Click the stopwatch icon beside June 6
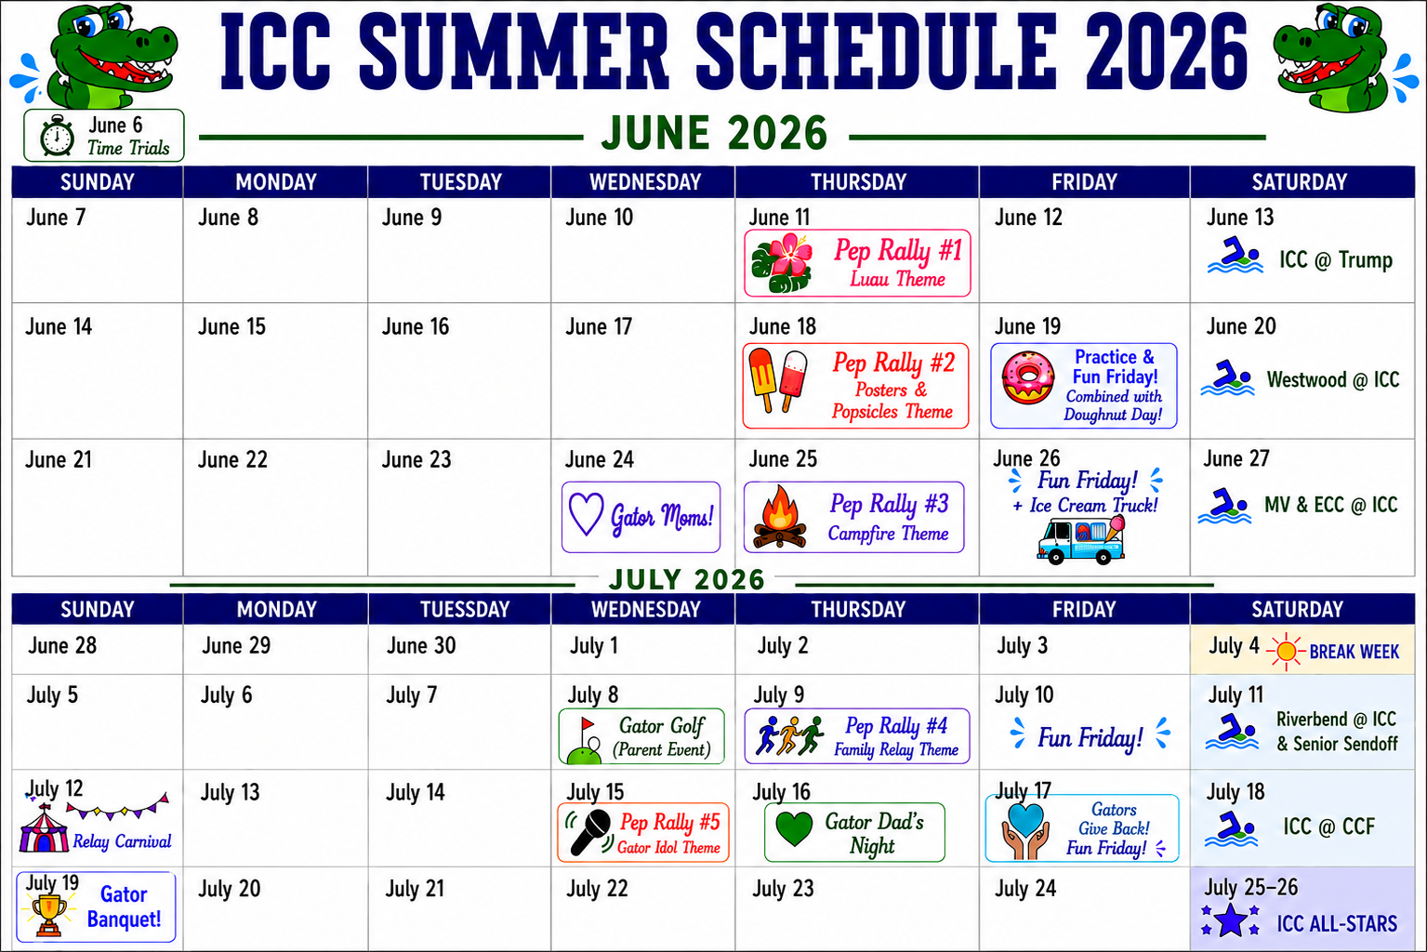(x=57, y=135)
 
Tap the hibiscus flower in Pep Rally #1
(x=783, y=263)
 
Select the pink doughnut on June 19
(x=1027, y=377)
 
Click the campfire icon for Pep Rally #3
(x=780, y=517)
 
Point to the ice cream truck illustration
(x=1080, y=540)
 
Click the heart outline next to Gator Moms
(x=586, y=513)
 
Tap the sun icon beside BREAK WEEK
(x=1286, y=651)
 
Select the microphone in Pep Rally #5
(x=590, y=831)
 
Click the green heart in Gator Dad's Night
(x=794, y=829)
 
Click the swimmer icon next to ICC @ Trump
(x=1235, y=255)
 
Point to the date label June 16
(x=416, y=327)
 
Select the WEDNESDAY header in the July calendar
(x=645, y=609)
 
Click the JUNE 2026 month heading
(x=714, y=134)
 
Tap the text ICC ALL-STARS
(x=1337, y=923)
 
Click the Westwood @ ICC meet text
(x=1333, y=380)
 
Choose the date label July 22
(x=597, y=888)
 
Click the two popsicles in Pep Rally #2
(x=777, y=380)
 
